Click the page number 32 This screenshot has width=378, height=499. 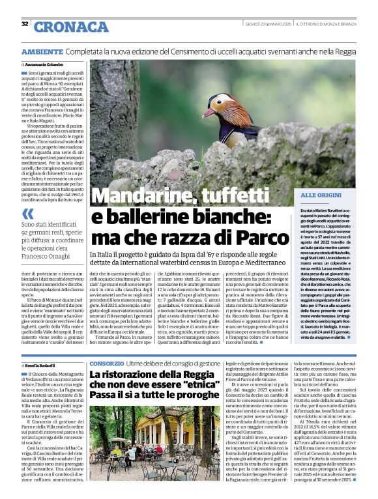[x=24, y=23]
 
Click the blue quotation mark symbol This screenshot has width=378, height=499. [x=27, y=213]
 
